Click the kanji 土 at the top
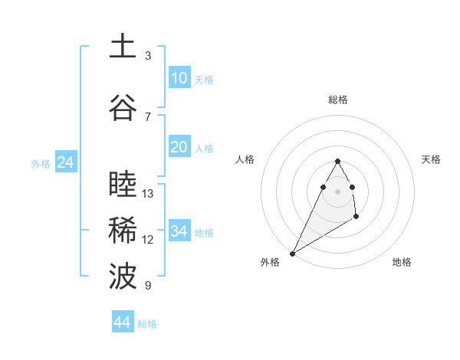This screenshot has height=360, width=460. (x=122, y=47)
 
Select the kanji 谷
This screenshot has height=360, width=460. (x=122, y=108)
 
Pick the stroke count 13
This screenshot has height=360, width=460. (x=148, y=193)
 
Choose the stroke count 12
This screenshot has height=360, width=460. (x=148, y=239)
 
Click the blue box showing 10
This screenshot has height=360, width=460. (x=179, y=78)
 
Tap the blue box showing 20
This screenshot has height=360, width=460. (x=179, y=148)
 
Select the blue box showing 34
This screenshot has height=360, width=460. (x=179, y=231)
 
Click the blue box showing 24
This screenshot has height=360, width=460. (x=65, y=162)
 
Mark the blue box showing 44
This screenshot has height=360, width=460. (x=122, y=322)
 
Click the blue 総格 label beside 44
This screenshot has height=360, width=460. (x=147, y=324)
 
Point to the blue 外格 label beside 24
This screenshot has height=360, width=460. (x=41, y=163)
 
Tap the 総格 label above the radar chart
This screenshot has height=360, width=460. (x=338, y=100)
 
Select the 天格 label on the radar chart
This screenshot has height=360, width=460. (x=432, y=159)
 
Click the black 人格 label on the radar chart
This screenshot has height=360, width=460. (x=245, y=159)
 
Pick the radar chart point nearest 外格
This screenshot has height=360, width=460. (x=292, y=253)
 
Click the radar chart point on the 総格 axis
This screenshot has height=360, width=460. (x=338, y=162)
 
